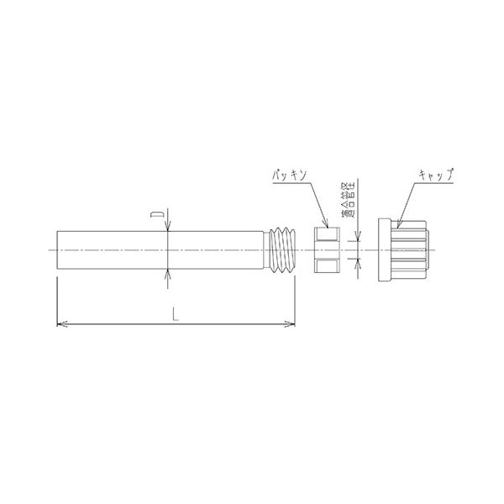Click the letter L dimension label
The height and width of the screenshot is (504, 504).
(176, 314)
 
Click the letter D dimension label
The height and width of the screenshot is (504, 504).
(157, 215)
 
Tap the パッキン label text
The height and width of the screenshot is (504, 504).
(289, 176)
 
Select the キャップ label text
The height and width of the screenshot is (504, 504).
(436, 175)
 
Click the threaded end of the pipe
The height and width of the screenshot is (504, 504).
(282, 250)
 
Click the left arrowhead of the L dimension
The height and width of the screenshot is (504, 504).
(62, 324)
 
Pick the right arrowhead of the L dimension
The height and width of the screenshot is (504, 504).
(290, 324)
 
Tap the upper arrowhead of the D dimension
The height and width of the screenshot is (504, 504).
(168, 226)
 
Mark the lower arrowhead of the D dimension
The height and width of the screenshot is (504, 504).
(168, 274)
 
